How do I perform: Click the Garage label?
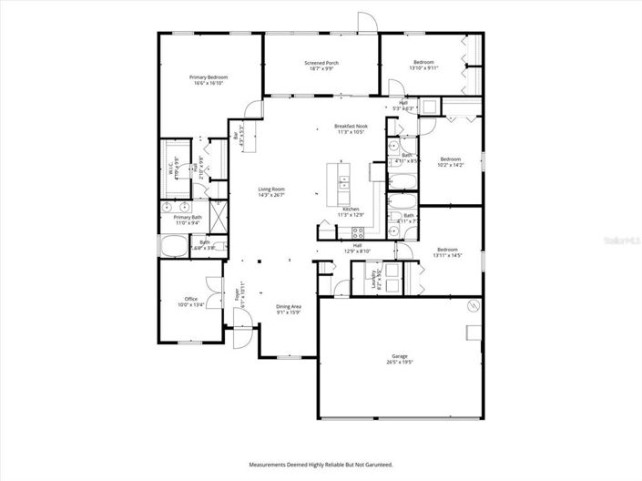[399, 358]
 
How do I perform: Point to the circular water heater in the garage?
[472, 304]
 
